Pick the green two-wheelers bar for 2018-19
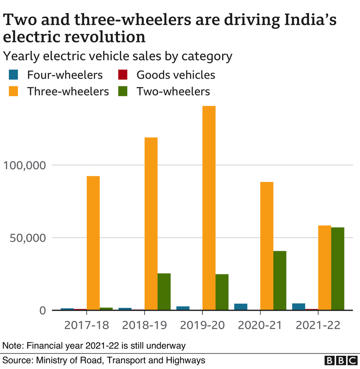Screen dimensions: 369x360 click(164, 292)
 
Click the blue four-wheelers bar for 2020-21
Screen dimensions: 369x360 click(240, 307)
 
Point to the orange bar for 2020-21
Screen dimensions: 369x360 click(267, 246)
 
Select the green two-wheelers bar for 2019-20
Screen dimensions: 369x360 click(222, 292)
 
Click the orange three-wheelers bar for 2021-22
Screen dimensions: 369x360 click(325, 268)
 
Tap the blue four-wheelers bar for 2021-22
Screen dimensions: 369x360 click(298, 307)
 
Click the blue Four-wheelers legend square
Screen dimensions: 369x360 click(14, 75)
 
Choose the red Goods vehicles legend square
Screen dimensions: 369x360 click(123, 75)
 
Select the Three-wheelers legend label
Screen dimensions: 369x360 click(68, 91)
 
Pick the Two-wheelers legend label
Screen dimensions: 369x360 click(173, 91)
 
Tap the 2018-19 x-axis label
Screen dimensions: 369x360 click(144, 325)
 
